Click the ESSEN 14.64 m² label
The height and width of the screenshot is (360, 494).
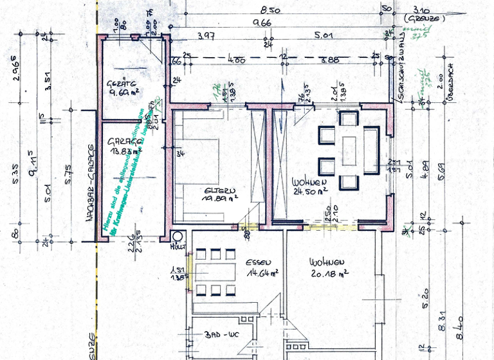tap(261, 267)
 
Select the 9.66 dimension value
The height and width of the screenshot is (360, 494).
tap(262, 23)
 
